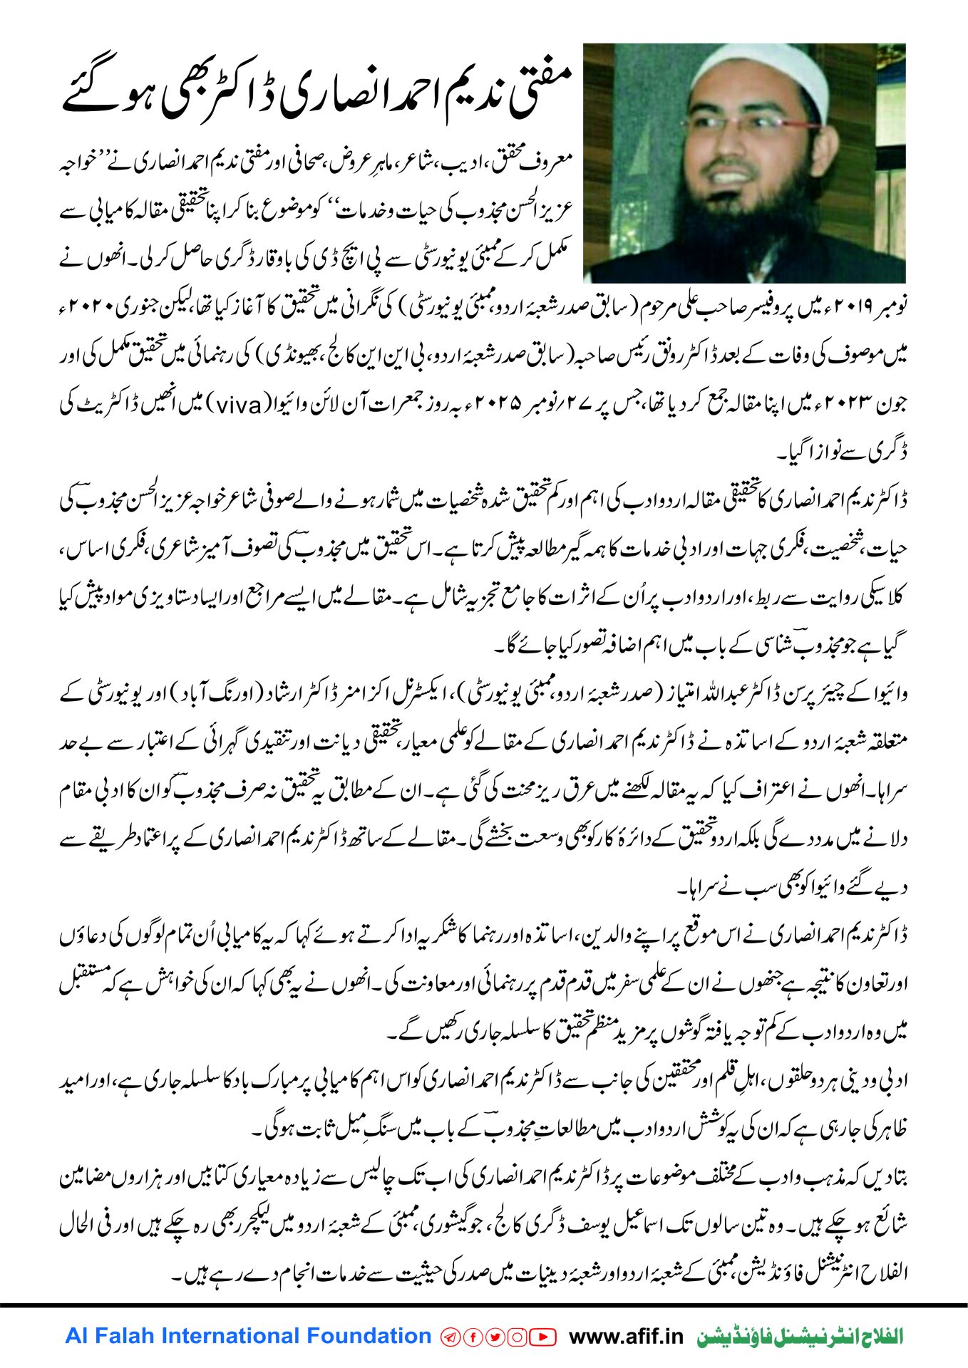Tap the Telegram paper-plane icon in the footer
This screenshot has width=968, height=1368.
pos(450,1337)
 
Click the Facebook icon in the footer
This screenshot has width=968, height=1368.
pos(473,1337)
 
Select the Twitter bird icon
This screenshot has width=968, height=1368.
pos(495,1337)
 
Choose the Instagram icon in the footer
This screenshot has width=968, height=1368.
pos(517,1337)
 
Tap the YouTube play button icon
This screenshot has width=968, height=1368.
pos(543,1337)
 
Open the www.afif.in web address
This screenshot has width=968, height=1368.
pos(627,1337)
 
